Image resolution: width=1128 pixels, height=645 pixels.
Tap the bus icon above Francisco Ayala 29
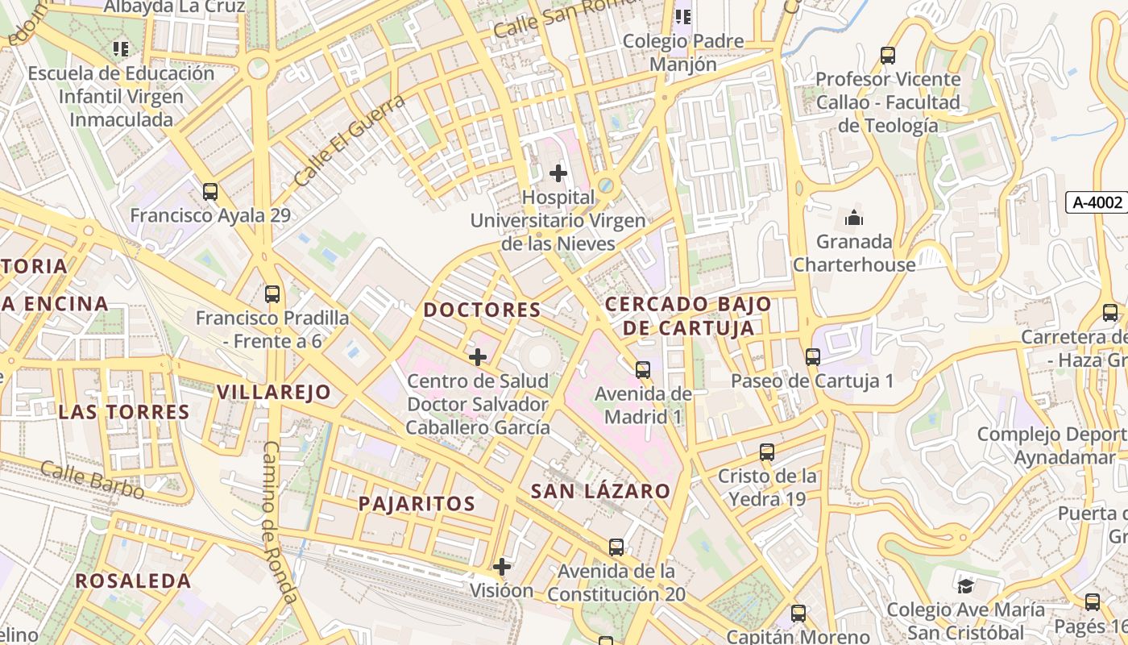tap(210, 192)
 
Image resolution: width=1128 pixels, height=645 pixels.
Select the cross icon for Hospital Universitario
tap(558, 173)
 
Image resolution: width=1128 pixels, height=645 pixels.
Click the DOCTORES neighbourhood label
tap(482, 310)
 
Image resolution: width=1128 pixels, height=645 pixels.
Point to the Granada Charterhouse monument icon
tap(854, 218)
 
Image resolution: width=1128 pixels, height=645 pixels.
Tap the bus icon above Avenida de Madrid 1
tap(643, 370)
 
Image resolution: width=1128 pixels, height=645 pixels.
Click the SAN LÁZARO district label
tap(600, 491)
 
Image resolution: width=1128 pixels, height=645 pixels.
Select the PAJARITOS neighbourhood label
tap(417, 504)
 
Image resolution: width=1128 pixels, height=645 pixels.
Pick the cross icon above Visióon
tap(502, 567)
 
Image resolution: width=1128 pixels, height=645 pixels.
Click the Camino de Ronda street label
tap(280, 522)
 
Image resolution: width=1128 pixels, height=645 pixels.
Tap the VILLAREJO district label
tap(274, 393)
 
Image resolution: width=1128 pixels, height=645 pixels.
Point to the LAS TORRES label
tap(124, 412)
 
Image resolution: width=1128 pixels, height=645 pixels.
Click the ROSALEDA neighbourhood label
tap(133, 580)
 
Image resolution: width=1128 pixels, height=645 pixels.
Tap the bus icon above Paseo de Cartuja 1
tap(813, 356)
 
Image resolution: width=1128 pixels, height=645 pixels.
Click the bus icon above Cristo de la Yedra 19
tap(767, 451)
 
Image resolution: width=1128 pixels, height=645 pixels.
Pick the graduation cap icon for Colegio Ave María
tap(965, 585)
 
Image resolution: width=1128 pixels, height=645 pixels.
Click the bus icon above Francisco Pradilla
tap(272, 293)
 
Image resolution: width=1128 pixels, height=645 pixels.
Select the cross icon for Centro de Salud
tap(478, 356)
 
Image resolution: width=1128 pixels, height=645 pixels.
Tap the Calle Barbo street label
tap(93, 480)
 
